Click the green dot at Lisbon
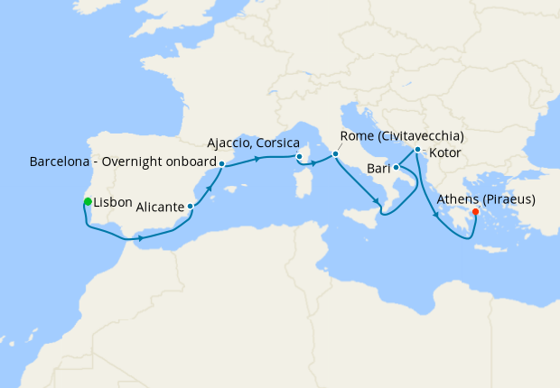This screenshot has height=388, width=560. [x=87, y=201]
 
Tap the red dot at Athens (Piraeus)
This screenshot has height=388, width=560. [x=476, y=213]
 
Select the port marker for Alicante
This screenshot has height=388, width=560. [x=190, y=207]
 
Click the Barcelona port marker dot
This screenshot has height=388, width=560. [x=221, y=163]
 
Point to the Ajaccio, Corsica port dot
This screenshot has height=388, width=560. [x=299, y=156]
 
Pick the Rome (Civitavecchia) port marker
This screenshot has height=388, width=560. [x=335, y=154]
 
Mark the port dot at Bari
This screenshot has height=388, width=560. [x=396, y=167]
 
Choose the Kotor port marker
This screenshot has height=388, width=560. [x=416, y=149]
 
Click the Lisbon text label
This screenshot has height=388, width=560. [x=113, y=202]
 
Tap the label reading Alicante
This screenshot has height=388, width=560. [x=161, y=207]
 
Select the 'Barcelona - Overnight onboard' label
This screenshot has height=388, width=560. [x=122, y=163]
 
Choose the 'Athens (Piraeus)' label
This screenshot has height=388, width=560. [x=487, y=199]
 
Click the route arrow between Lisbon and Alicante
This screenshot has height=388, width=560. [x=139, y=239]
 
